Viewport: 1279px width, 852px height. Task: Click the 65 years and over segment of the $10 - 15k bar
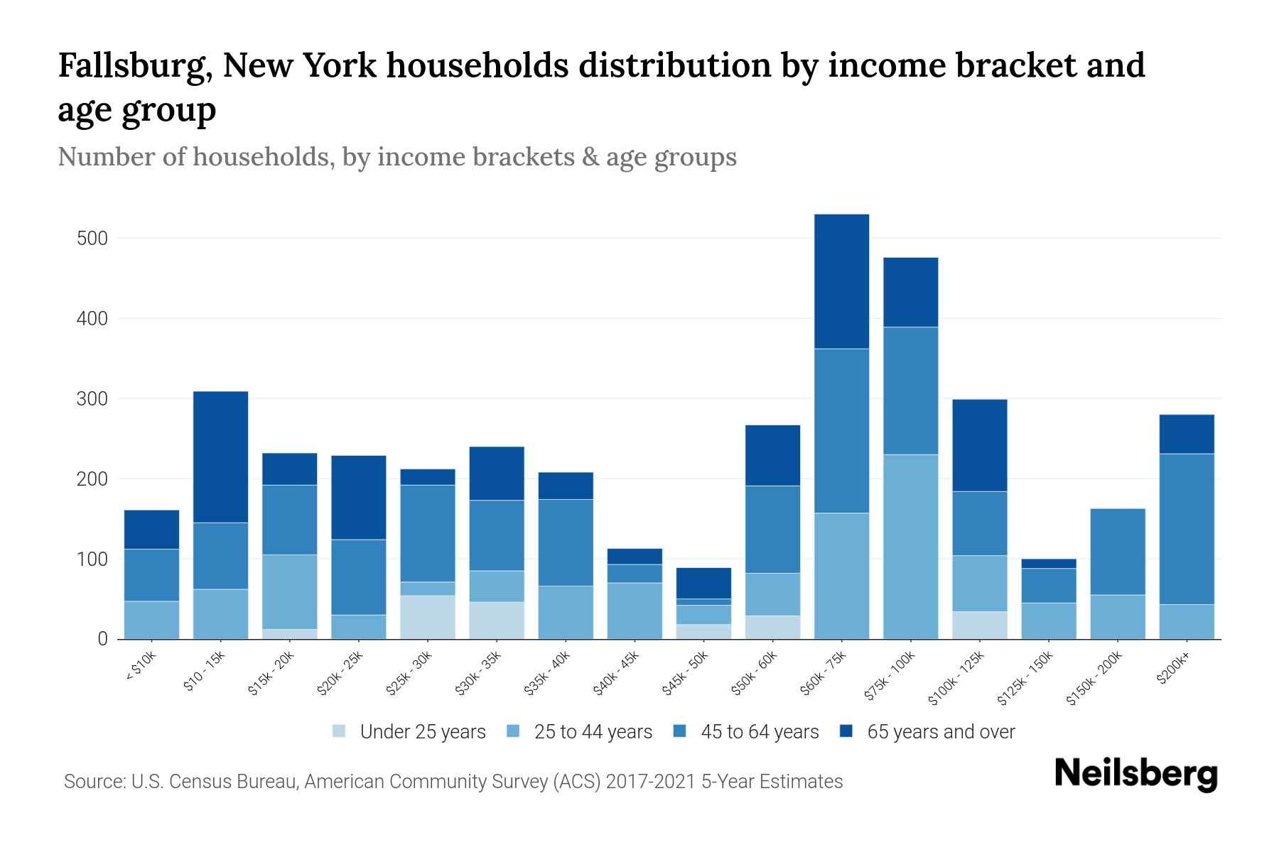[x=220, y=457]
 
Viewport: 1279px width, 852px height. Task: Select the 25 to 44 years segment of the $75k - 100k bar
[x=910, y=547]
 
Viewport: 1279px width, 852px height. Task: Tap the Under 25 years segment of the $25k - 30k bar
[x=428, y=617]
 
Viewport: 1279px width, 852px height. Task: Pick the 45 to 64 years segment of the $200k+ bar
[x=1187, y=529]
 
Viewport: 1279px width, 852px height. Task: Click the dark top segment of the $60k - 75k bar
[x=841, y=281]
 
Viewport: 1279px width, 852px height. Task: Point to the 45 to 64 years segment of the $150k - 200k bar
[x=1118, y=552]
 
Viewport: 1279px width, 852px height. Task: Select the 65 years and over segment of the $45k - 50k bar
[x=703, y=583]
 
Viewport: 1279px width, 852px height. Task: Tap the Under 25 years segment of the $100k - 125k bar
[x=980, y=625]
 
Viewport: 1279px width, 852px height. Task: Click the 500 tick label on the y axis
[x=92, y=239]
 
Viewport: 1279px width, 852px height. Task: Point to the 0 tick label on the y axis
[x=102, y=639]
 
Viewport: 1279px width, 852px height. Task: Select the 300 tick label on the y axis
[x=92, y=399]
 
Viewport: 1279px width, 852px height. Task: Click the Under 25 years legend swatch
[x=340, y=731]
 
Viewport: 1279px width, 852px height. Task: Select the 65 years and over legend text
[x=941, y=732]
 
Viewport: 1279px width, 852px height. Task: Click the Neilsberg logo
[x=1135, y=775]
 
